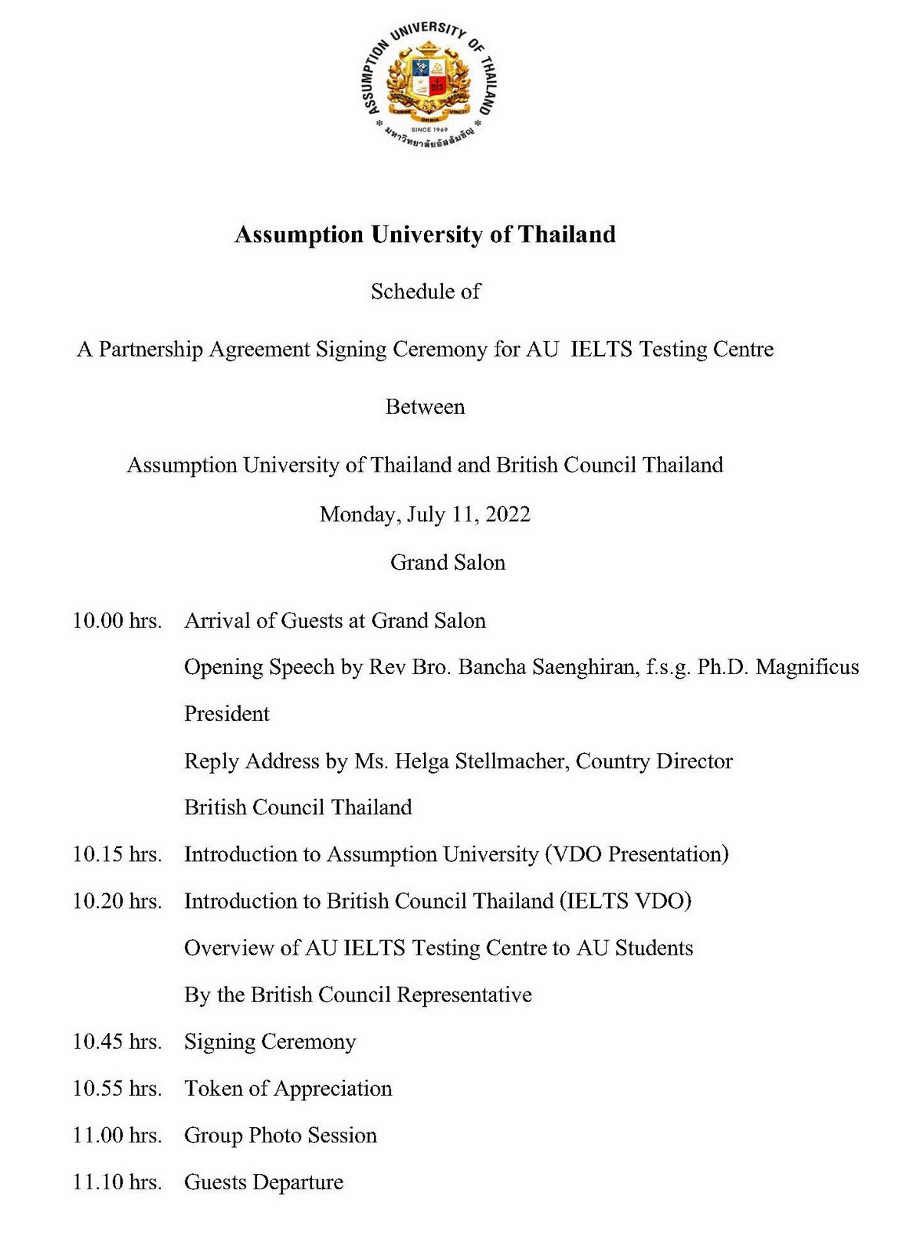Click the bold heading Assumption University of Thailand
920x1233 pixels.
(x=425, y=235)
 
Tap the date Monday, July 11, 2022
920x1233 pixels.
(x=425, y=514)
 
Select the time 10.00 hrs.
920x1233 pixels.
(x=117, y=621)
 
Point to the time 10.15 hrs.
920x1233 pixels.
(x=117, y=854)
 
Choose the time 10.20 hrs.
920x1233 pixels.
(x=117, y=901)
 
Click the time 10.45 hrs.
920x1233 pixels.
(x=117, y=1041)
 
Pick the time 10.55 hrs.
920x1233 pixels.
(x=117, y=1088)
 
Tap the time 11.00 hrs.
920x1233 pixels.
(x=117, y=1136)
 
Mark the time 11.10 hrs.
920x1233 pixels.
(x=117, y=1182)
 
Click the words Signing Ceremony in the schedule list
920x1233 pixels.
(x=270, y=1041)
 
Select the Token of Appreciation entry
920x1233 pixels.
(x=287, y=1088)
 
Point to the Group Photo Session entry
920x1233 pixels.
(x=280, y=1136)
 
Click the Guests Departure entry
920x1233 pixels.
(x=263, y=1182)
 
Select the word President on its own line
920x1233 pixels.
(x=226, y=714)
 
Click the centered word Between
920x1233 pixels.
(x=425, y=406)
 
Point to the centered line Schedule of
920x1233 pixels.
(x=425, y=291)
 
